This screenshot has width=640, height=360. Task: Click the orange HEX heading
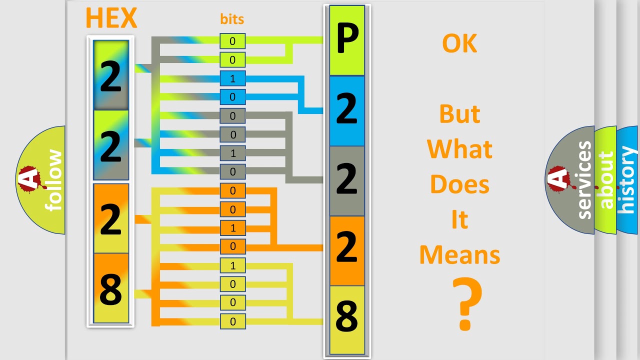111,18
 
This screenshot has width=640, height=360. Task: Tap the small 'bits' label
232,19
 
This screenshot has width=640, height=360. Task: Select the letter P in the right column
347,40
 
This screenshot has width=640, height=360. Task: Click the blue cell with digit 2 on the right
347,110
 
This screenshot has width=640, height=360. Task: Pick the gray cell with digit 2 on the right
347,180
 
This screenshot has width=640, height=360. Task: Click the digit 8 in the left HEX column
111,289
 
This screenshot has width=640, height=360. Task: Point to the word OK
459,44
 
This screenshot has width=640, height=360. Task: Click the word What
459,149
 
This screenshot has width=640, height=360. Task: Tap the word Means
459,255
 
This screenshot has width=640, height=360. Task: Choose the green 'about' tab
606,180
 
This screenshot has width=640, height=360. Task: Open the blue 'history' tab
628,180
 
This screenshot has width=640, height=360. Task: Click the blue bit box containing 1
232,78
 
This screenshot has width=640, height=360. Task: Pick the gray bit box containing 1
232,153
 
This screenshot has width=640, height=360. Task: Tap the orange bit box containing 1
232,228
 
